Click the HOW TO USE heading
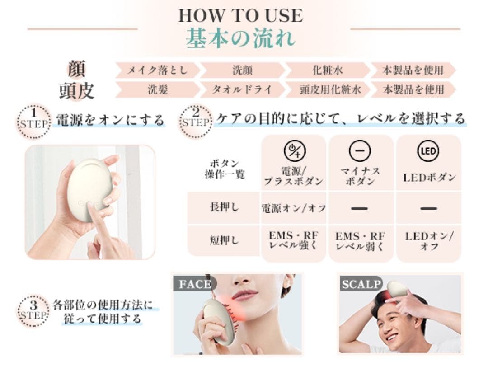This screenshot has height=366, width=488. click(240, 15)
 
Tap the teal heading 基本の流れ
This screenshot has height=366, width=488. click(240, 38)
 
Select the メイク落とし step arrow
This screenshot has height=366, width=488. click(157, 70)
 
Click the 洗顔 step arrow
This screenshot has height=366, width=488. click(243, 70)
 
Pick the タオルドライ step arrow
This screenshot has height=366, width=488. click(243, 89)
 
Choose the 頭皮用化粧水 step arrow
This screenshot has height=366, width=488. click(328, 89)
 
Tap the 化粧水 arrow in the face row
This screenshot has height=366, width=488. click(328, 70)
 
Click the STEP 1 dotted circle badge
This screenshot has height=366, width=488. click(33, 121)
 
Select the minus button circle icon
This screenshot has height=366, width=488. click(360, 151)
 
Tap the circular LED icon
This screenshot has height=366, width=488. click(428, 151)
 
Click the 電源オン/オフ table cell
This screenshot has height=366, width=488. click(294, 208)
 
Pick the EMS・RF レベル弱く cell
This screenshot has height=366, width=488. click(360, 241)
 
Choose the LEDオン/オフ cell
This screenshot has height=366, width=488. click(429, 241)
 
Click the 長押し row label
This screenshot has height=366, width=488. click(224, 207)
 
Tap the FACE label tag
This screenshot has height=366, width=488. click(195, 283)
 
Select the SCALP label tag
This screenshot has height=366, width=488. click(361, 283)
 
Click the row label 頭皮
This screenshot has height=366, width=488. click(76, 90)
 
